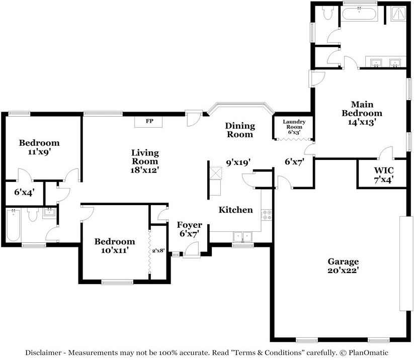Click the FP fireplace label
click(x=149, y=121)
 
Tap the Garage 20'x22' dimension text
click(x=343, y=271)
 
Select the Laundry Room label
click(x=294, y=124)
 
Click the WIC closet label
click(x=384, y=170)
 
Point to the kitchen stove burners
click(x=267, y=215)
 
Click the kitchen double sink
click(x=242, y=237)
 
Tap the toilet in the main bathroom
click(x=327, y=13)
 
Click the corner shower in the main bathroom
click(x=398, y=14)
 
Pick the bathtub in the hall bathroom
click(x=13, y=225)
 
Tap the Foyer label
click(x=189, y=225)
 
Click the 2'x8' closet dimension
click(x=158, y=251)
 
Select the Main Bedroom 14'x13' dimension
click(x=362, y=122)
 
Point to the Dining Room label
click(x=240, y=130)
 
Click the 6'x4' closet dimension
click(x=24, y=193)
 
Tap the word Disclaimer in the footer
click(x=43, y=352)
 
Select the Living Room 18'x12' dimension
click(x=144, y=170)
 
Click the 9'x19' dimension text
click(x=238, y=162)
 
